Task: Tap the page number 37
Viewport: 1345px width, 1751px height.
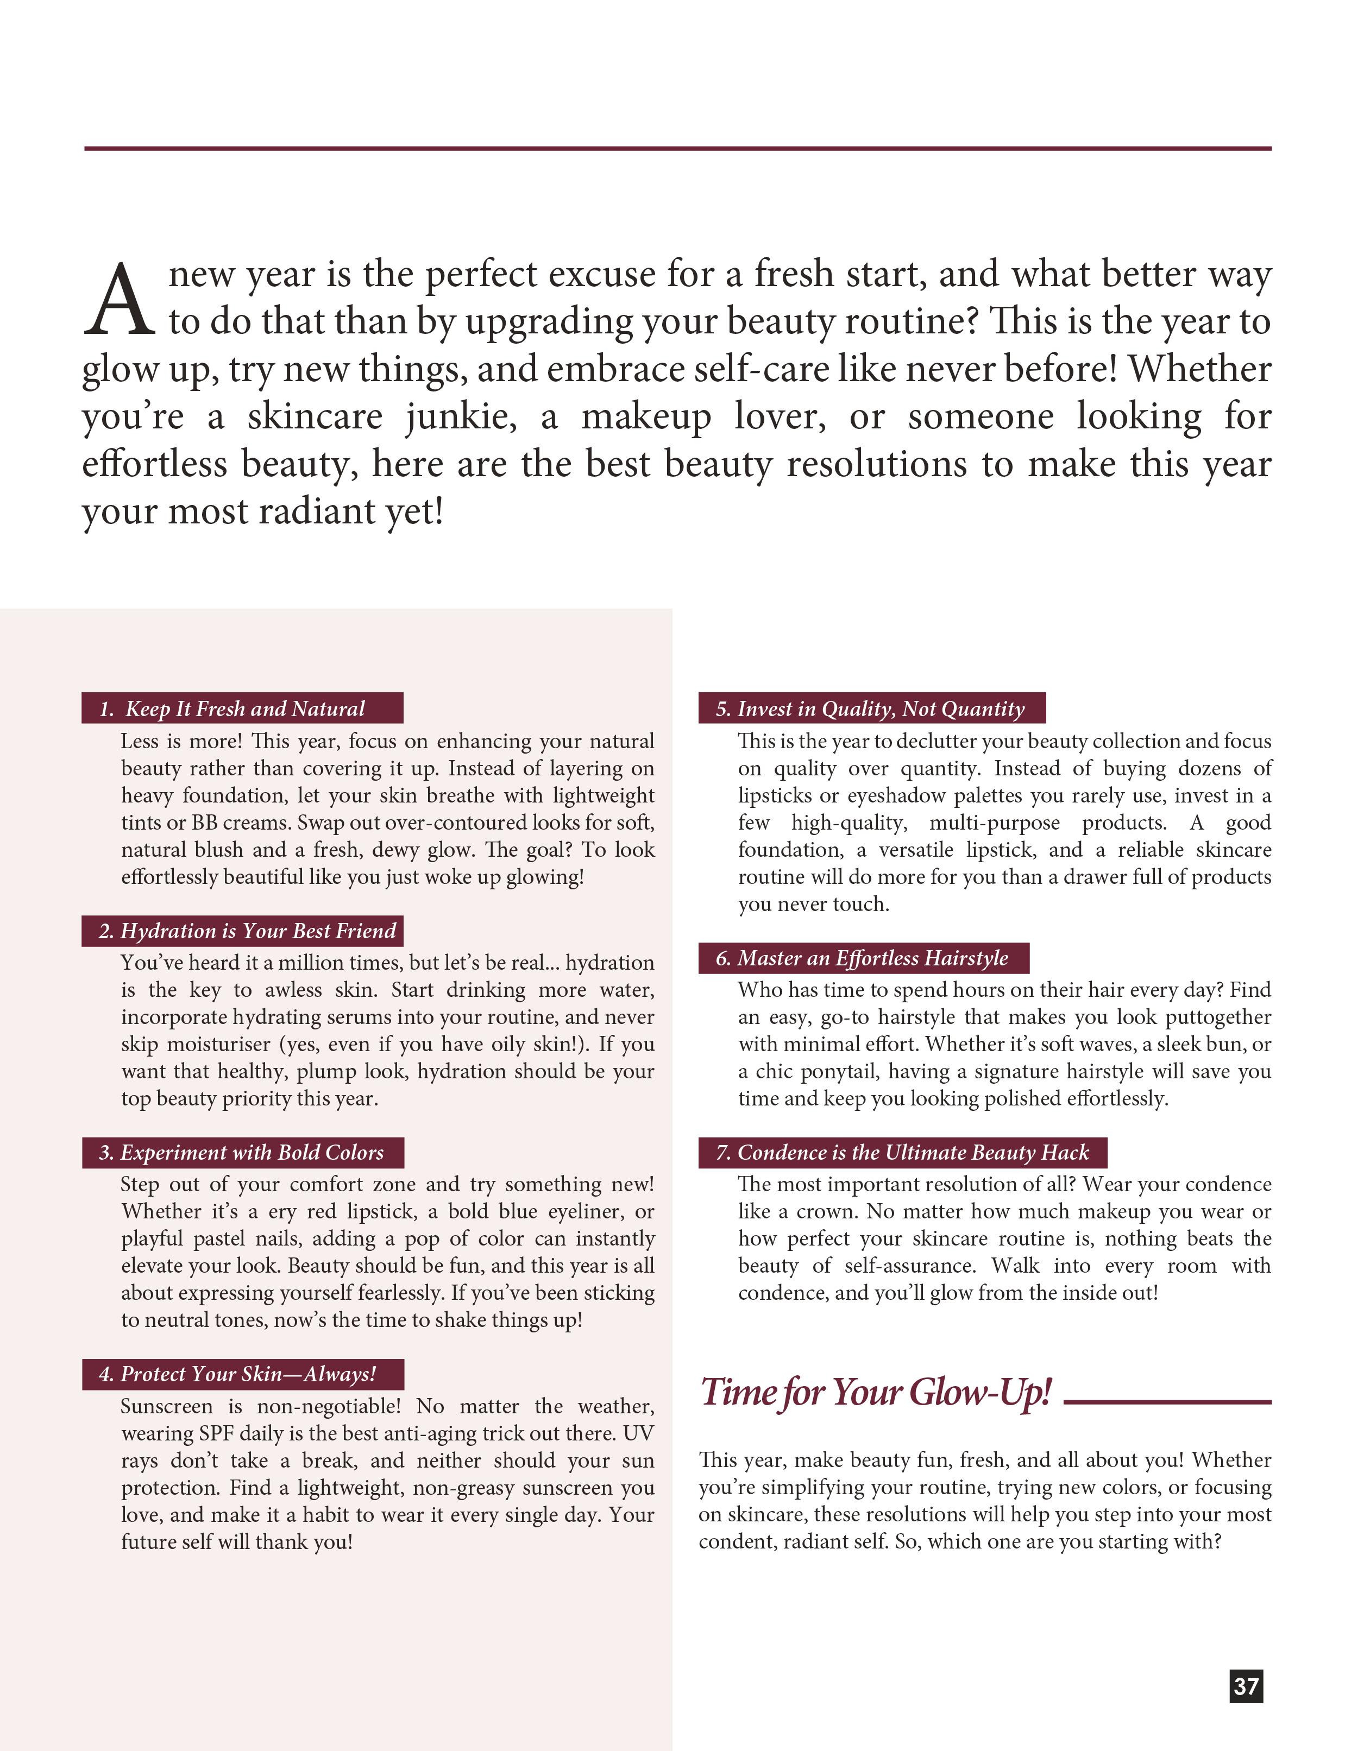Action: point(1246,1686)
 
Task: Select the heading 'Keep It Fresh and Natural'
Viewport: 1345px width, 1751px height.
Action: point(244,708)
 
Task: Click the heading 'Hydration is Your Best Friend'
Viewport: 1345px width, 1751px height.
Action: point(247,931)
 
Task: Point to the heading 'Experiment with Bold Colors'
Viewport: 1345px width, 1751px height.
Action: point(241,1152)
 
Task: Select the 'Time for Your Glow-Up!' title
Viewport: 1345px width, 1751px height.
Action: point(875,1393)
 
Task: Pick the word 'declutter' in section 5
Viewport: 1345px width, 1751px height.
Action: point(935,741)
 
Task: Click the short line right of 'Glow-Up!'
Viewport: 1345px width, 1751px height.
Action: point(1167,1401)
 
